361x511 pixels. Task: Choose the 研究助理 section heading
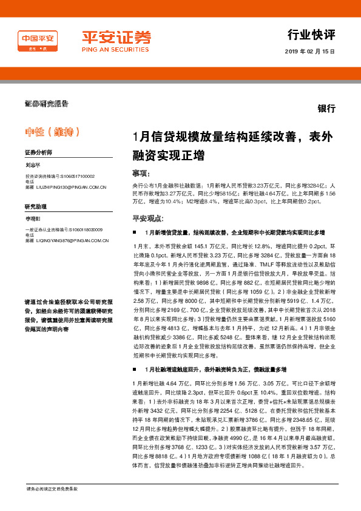coord(36,206)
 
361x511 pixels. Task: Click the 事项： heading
coord(141,173)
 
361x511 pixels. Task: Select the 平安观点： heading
coord(147,218)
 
